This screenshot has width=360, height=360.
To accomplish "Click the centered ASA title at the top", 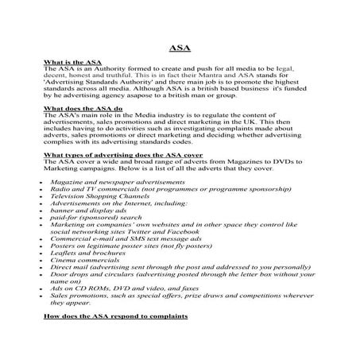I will point(180,46).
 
